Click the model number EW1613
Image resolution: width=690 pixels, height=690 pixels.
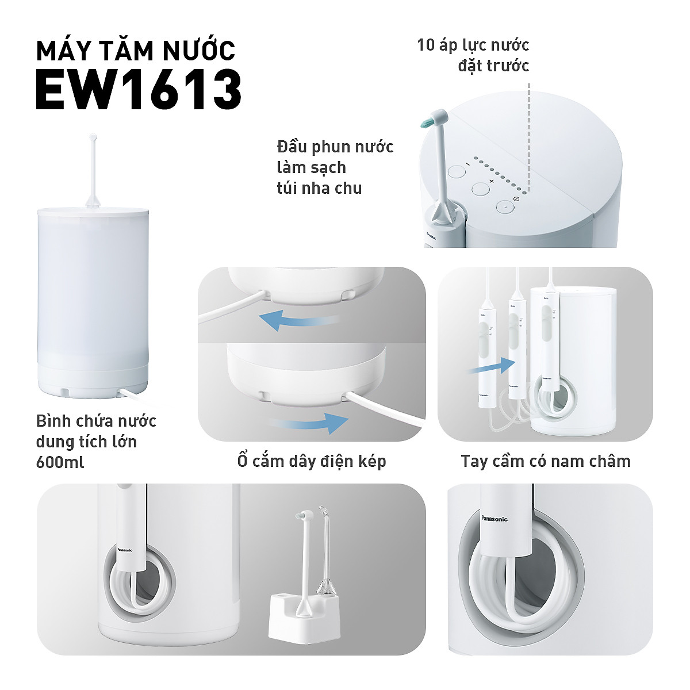tap(139, 90)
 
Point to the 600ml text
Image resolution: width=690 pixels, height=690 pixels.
tap(60, 462)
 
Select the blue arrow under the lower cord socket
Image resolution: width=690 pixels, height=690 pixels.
tap(309, 423)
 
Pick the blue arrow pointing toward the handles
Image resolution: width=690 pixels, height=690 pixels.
tap(492, 366)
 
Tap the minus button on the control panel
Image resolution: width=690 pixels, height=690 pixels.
tap(457, 172)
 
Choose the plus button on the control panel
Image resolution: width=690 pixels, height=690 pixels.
tap(480, 189)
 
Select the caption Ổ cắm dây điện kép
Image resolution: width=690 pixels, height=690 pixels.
tap(312, 461)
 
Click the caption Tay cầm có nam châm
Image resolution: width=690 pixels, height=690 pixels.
tap(545, 461)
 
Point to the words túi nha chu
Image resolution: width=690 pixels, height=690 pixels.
tap(319, 188)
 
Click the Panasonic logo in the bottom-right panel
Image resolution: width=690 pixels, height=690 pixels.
tap(494, 519)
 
